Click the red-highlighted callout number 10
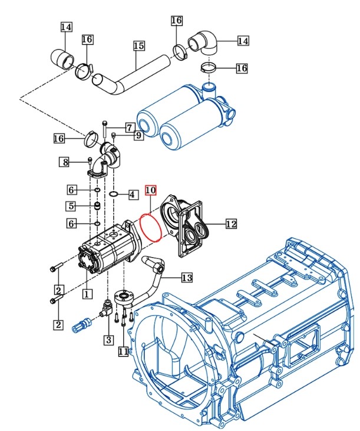150,190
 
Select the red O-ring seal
151,226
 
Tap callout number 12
231,223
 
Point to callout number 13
187,277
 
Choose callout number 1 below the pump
86,292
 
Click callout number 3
108,340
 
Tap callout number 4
132,194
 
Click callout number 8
65,162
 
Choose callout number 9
138,136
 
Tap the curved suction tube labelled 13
154,277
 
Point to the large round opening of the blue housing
168,354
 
